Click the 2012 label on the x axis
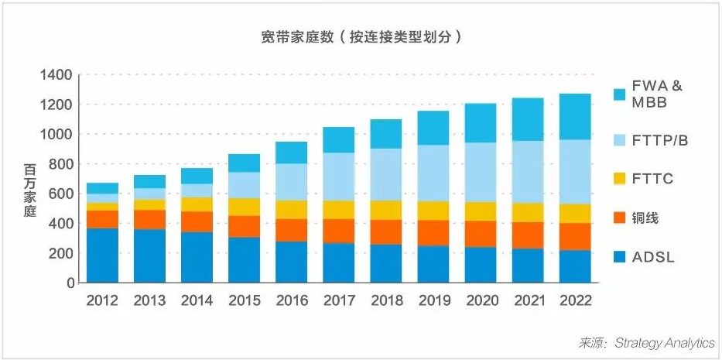click(x=102, y=300)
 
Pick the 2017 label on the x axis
click(x=338, y=300)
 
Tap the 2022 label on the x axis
click(x=575, y=300)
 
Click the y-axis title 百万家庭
click(x=29, y=190)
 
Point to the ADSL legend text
click(x=655, y=257)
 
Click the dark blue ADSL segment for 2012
click(x=102, y=255)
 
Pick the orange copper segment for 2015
click(x=244, y=226)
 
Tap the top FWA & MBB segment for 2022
click(x=575, y=116)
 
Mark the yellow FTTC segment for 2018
click(x=386, y=210)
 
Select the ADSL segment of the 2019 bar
click(x=433, y=264)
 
